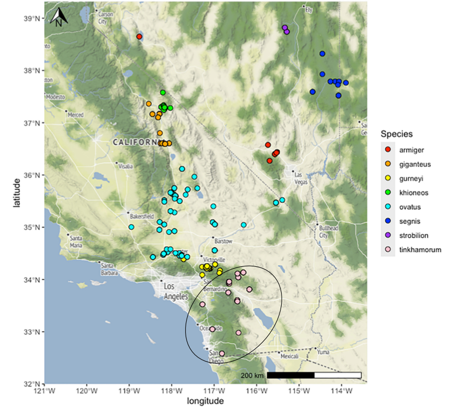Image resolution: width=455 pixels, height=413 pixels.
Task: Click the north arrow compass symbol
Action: (x=59, y=17)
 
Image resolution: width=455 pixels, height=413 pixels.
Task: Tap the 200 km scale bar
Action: (x=314, y=375)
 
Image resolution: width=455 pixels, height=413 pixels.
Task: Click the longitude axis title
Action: (x=205, y=402)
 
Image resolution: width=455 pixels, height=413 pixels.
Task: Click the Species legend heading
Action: (x=397, y=134)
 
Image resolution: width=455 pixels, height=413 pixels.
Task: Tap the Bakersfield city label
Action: (x=142, y=217)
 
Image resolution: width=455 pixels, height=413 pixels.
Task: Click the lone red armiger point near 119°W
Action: (x=139, y=36)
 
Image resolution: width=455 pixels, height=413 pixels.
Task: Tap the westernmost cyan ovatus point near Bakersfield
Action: (x=131, y=227)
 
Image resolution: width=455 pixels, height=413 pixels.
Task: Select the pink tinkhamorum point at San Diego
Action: (x=222, y=353)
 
